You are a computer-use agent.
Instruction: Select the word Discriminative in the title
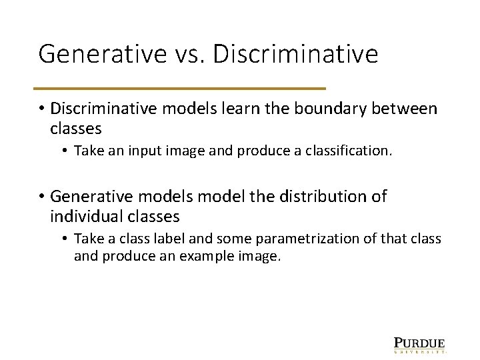coord(295,54)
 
